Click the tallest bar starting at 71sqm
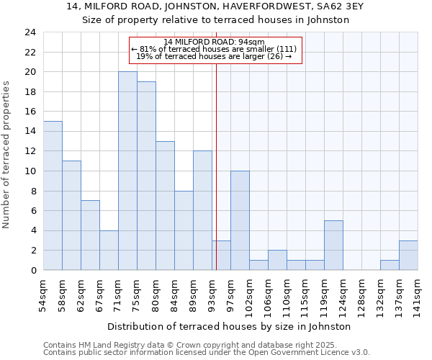(127, 171)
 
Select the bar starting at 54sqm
(53, 196)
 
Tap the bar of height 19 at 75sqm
(146, 176)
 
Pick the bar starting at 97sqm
(240, 220)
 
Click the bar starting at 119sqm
(333, 245)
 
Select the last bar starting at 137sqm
(408, 255)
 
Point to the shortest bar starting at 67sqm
(109, 250)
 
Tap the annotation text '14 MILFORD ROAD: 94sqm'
(214, 42)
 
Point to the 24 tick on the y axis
(30, 32)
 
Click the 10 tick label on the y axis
(30, 171)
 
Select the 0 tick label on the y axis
(32, 271)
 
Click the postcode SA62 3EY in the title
(324, 6)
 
